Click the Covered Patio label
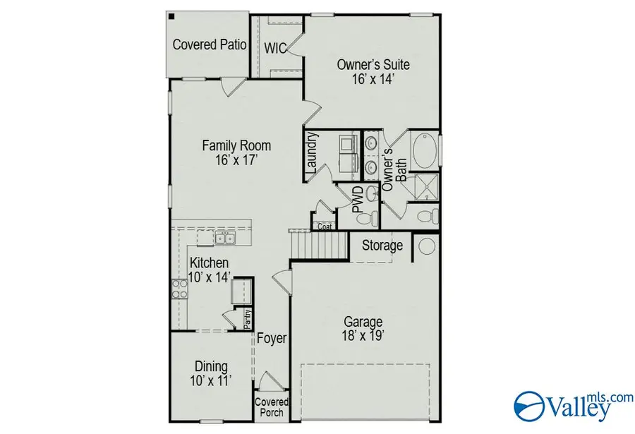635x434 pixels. click(x=210, y=45)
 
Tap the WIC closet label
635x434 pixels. click(x=274, y=48)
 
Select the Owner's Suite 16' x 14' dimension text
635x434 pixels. click(x=373, y=79)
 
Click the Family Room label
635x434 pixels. click(x=236, y=146)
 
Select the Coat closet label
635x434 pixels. click(x=325, y=227)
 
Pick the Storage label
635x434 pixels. click(x=382, y=246)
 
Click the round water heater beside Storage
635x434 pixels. click(x=427, y=246)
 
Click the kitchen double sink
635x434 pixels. click(x=226, y=240)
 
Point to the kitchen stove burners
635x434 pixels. click(x=178, y=289)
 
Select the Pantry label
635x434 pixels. click(x=248, y=320)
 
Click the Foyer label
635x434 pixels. click(x=272, y=339)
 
